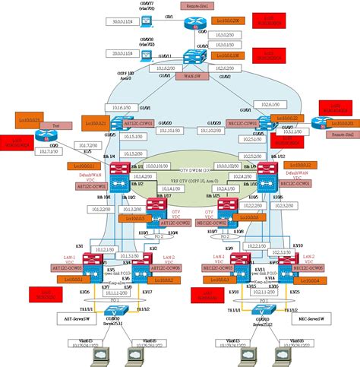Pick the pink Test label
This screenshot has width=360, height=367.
point(35,126)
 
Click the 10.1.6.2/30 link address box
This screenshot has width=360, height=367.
point(159,68)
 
